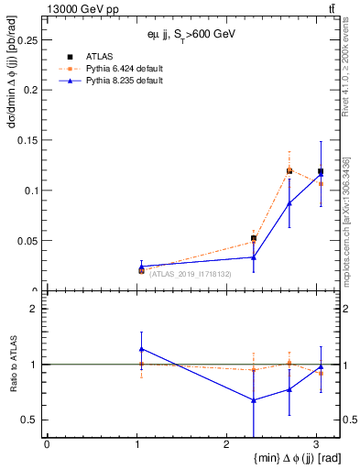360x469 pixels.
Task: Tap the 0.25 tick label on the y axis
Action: tap(27, 40)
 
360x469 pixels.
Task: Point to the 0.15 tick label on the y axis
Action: tap(27, 140)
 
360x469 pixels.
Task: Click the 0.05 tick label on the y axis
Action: tap(27, 241)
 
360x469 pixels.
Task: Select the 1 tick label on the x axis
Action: tap(136, 444)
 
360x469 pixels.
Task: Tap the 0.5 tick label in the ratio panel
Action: tap(30, 420)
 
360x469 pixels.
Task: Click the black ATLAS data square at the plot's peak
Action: tap(289, 170)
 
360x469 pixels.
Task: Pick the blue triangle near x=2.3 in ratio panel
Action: tap(254, 399)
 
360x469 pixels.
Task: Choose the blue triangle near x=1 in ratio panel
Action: tap(141, 348)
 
